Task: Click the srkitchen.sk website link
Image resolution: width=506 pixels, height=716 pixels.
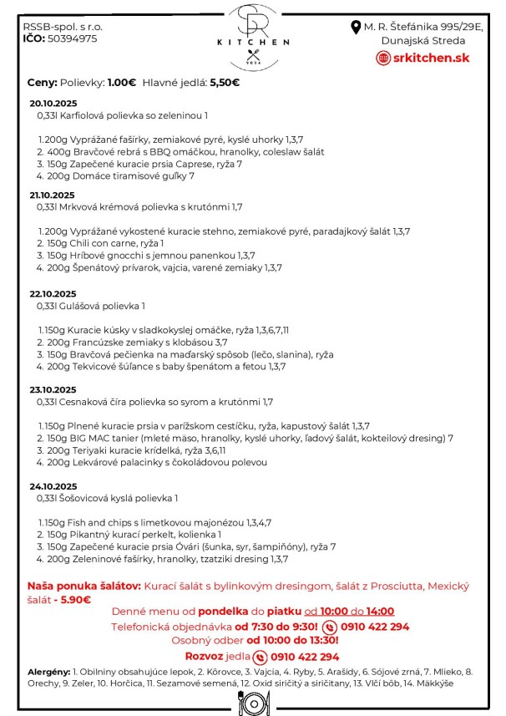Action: click(424, 57)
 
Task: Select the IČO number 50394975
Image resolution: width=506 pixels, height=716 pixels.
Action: click(72, 38)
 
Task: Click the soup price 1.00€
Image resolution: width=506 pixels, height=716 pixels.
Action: click(122, 82)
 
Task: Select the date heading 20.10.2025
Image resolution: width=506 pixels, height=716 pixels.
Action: click(53, 104)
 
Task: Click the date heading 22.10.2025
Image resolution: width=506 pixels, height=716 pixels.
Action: click(53, 294)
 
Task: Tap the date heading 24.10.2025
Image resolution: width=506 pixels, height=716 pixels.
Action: click(53, 486)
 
